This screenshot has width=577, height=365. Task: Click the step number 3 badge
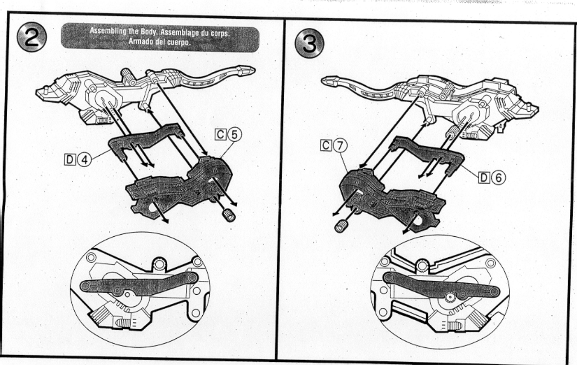tap(309, 43)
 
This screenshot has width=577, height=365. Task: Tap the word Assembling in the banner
tap(108, 31)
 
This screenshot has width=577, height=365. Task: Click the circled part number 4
tap(84, 160)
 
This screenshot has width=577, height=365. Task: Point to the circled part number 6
tap(498, 178)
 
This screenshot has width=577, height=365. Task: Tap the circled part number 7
tap(340, 146)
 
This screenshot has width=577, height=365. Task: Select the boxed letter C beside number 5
tap(220, 135)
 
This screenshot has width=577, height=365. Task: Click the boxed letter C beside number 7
tap(326, 146)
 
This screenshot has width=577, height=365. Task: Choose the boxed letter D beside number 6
tap(484, 178)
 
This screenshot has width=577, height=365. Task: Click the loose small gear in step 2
tap(229, 215)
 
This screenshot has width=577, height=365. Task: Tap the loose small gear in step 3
tap(341, 226)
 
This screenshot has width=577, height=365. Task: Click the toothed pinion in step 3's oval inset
tap(450, 298)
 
